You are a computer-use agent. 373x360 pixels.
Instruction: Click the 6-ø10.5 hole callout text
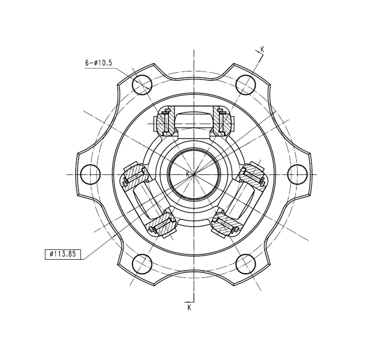[x=98, y=63]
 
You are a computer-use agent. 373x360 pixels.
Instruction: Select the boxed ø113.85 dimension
[x=63, y=254]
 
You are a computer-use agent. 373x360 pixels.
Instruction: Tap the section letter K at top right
[x=262, y=49]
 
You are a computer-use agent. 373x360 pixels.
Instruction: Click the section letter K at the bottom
[x=189, y=307]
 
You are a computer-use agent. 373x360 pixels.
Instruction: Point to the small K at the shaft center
[x=188, y=174]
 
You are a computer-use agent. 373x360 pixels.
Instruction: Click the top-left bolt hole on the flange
[x=142, y=85]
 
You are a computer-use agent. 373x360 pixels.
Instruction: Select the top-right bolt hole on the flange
[x=246, y=85]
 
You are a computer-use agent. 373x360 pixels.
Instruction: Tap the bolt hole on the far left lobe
[x=90, y=174]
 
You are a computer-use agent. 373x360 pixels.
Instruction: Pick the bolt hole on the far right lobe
[x=297, y=174]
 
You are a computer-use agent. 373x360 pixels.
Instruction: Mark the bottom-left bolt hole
[x=142, y=264]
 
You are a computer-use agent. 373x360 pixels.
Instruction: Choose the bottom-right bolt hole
[x=246, y=264]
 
